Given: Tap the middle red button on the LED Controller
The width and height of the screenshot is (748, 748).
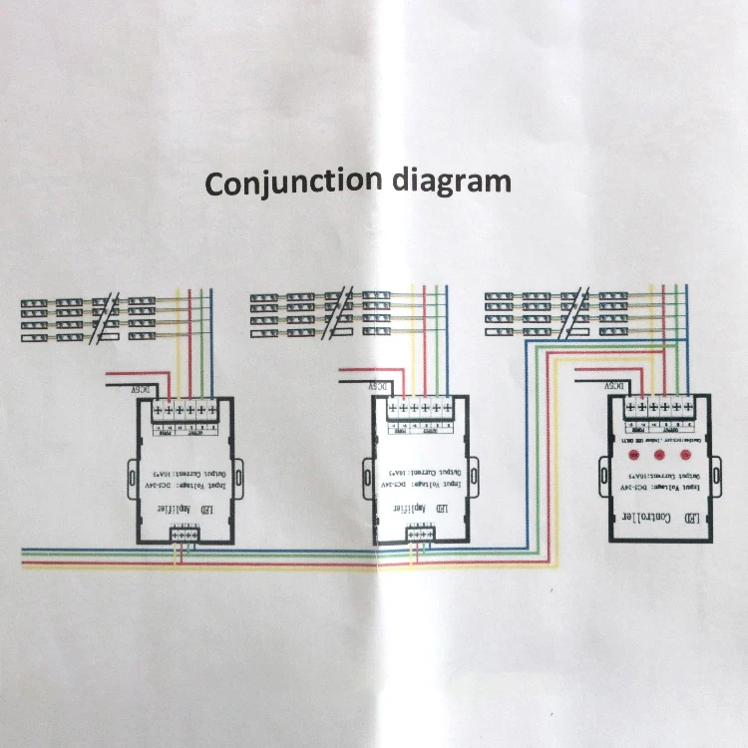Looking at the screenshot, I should pos(659,455).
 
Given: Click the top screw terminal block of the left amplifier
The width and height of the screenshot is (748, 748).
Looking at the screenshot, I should pos(187,409).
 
